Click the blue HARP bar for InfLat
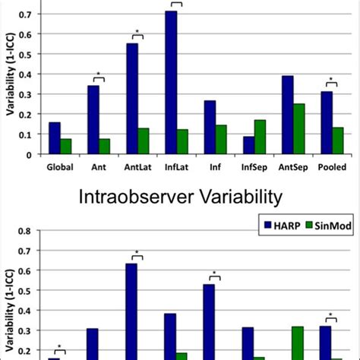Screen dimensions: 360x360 (171, 82)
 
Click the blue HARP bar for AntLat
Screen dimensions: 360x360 (132, 99)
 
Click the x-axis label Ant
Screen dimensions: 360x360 (98, 167)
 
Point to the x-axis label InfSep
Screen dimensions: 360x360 (254, 167)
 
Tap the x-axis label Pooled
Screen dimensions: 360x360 (332, 167)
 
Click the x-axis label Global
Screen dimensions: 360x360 (59, 167)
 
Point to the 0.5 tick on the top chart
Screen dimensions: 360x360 (33, 55)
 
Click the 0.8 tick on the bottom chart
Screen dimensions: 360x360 (33, 231)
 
